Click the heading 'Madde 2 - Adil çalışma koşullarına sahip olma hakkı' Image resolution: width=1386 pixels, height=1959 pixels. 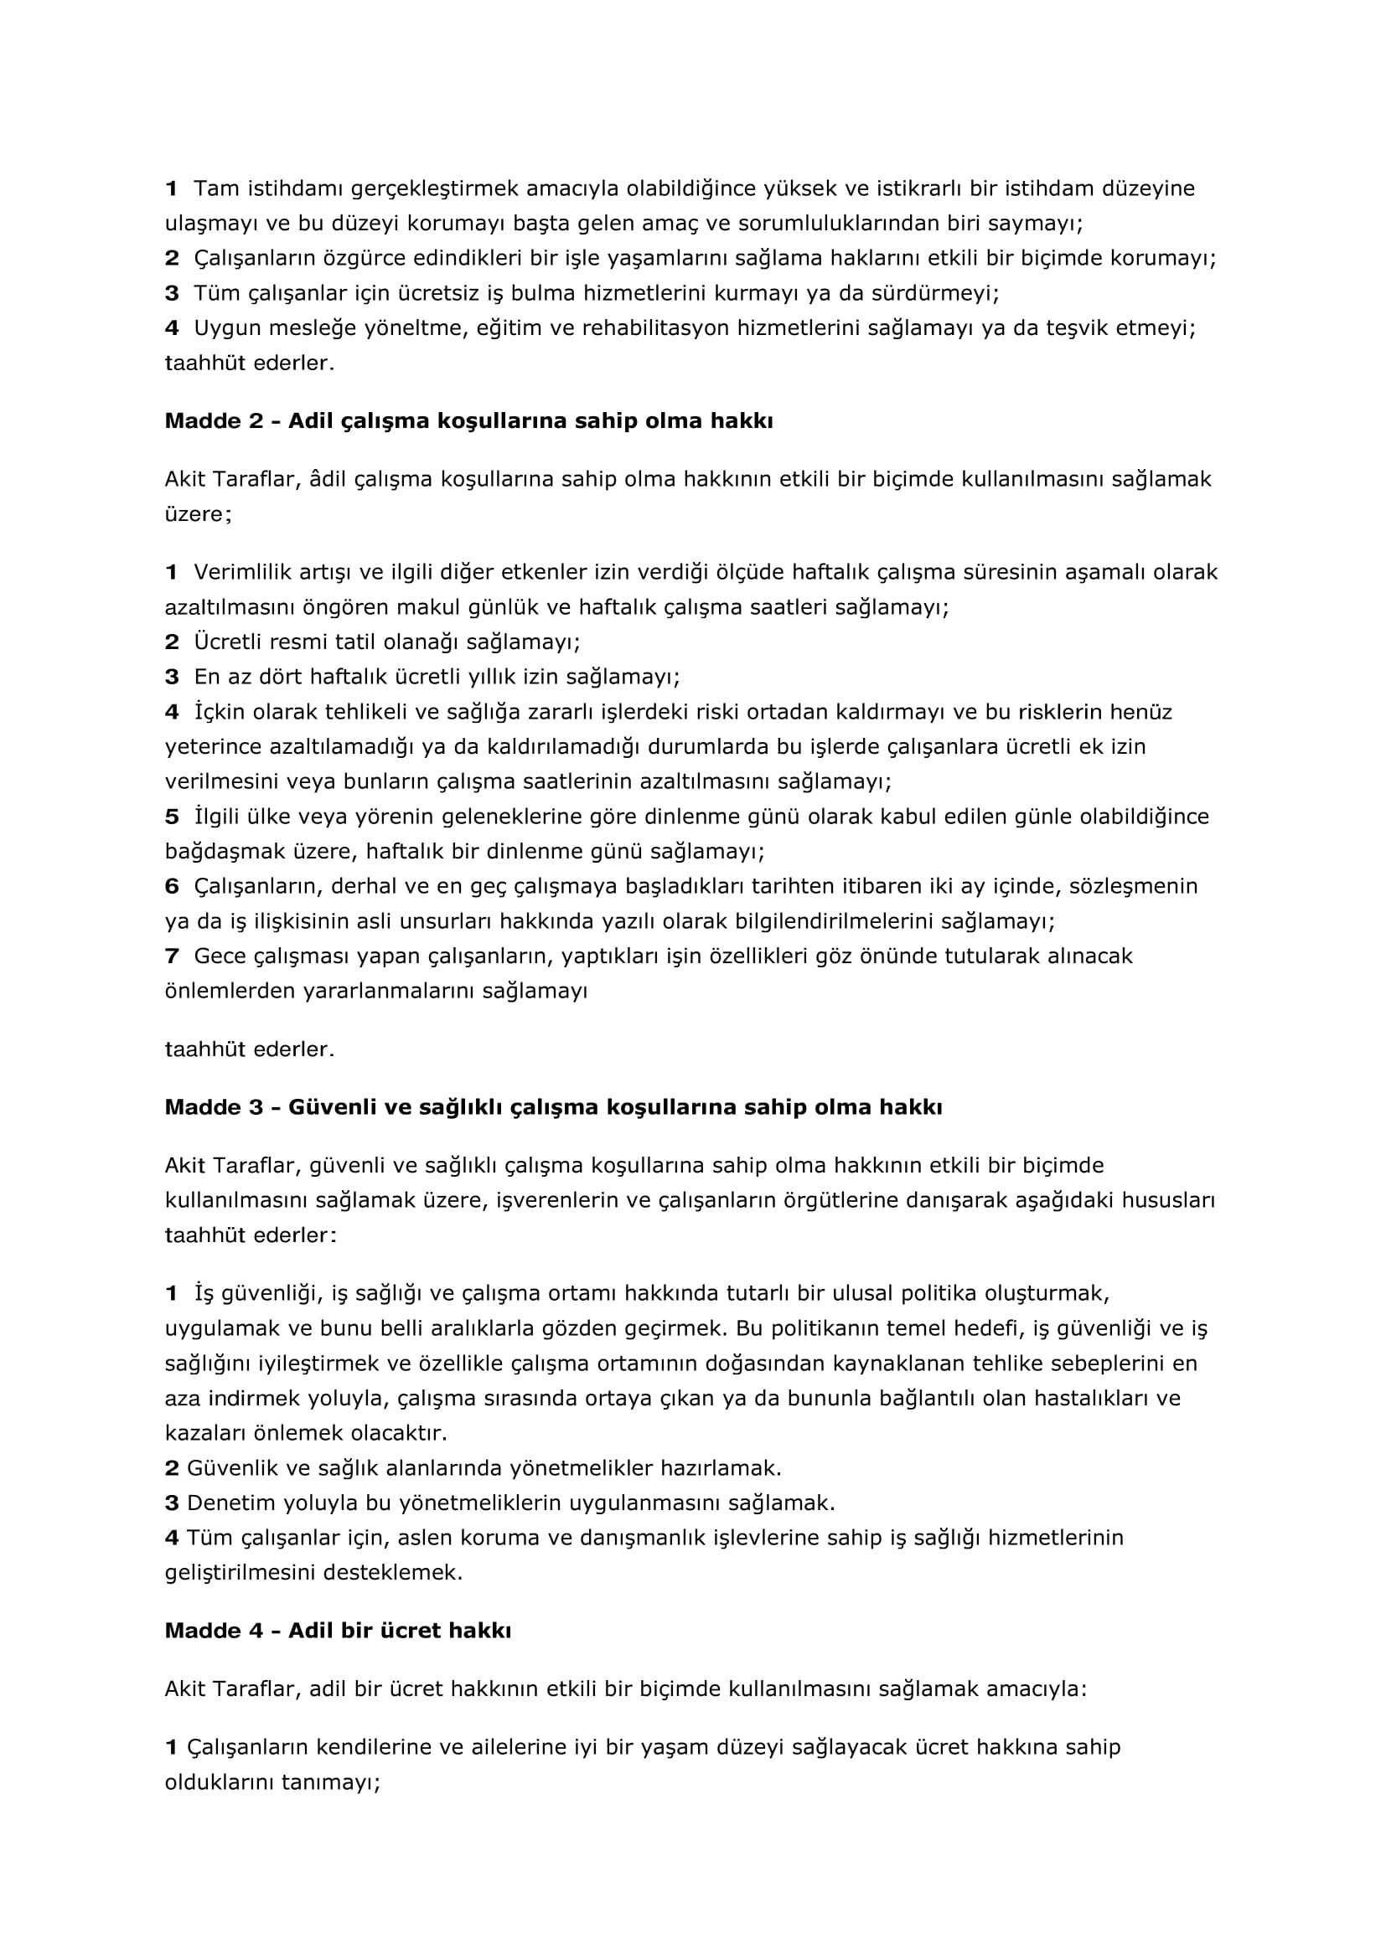click(x=468, y=420)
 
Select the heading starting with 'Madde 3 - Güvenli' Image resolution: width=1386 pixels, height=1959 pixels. click(x=553, y=1107)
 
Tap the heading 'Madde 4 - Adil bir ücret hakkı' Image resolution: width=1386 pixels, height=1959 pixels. click(x=338, y=1631)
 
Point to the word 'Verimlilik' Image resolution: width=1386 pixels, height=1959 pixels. click(x=235, y=572)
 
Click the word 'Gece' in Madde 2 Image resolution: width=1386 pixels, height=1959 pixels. click(x=219, y=956)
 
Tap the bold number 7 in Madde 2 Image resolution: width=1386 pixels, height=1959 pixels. click(x=172, y=956)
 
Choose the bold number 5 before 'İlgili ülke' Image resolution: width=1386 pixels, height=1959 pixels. click(x=172, y=817)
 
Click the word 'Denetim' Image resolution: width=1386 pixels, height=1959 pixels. click(x=224, y=1503)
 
